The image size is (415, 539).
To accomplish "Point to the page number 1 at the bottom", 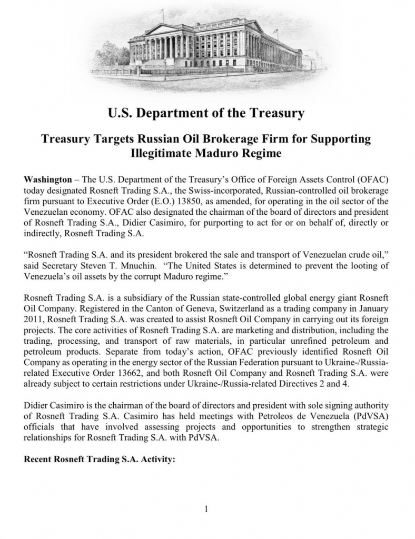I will [x=207, y=508].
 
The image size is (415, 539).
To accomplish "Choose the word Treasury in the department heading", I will [x=276, y=113].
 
